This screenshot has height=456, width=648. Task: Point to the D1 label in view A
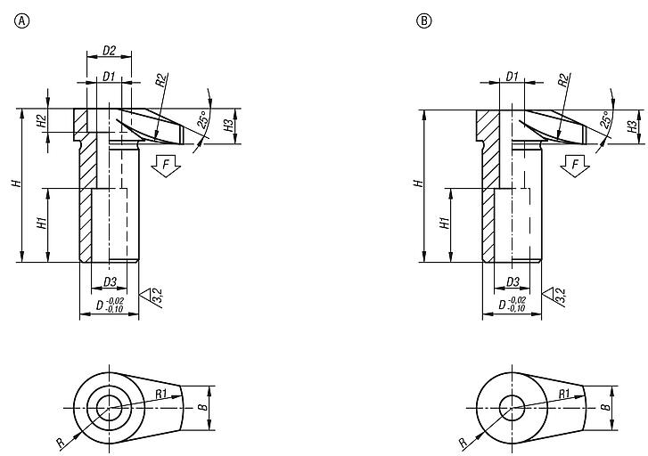click(x=108, y=77)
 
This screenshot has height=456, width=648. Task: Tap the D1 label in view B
click(x=511, y=77)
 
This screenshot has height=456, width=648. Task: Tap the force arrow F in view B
click(x=576, y=166)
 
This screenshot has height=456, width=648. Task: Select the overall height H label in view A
click(x=15, y=183)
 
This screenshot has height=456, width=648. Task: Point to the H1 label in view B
click(x=443, y=224)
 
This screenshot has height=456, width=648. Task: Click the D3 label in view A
click(x=109, y=282)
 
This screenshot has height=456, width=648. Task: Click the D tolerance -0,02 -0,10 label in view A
click(x=111, y=305)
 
